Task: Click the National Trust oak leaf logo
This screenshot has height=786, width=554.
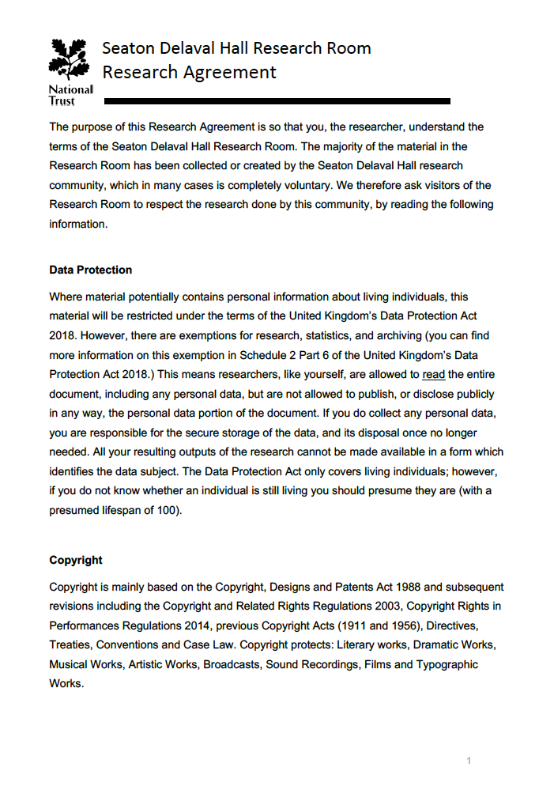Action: [70, 60]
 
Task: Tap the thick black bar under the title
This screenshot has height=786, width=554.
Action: [277, 101]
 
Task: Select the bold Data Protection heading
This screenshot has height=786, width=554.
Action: [90, 270]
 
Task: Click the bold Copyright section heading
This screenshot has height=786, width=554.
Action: [76, 560]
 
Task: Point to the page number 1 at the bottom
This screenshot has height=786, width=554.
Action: [469, 761]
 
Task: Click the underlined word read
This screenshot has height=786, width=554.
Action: [434, 374]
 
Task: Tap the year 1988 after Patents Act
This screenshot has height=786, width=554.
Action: [407, 587]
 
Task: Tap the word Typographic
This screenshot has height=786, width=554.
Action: [447, 664]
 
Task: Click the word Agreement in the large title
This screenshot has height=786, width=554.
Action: [230, 73]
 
